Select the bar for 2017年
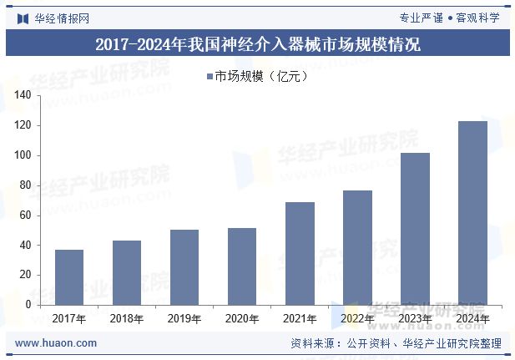pyautogui.click(x=69, y=277)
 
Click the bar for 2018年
pyautogui.click(x=127, y=273)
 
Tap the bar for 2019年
pyautogui.click(x=184, y=267)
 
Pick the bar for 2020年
pyautogui.click(x=242, y=266)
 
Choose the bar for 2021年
pyautogui.click(x=300, y=253)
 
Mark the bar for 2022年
pyautogui.click(x=357, y=247)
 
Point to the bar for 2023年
pyautogui.click(x=415, y=229)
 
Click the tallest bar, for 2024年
pyautogui.click(x=472, y=213)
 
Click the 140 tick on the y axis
pyautogui.click(x=23, y=96)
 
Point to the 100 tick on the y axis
pyautogui.click(x=23, y=155)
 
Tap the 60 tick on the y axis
pyautogui.click(x=25, y=215)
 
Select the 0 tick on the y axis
pyautogui.click(x=28, y=305)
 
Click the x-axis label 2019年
pyautogui.click(x=184, y=319)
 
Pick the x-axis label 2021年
pyautogui.click(x=300, y=319)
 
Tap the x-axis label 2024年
pyautogui.click(x=472, y=319)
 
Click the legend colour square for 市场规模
pyautogui.click(x=210, y=77)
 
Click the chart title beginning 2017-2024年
pyautogui.click(x=257, y=44)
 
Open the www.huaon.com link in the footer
pyautogui.click(x=56, y=343)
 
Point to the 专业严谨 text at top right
pyautogui.click(x=421, y=18)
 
